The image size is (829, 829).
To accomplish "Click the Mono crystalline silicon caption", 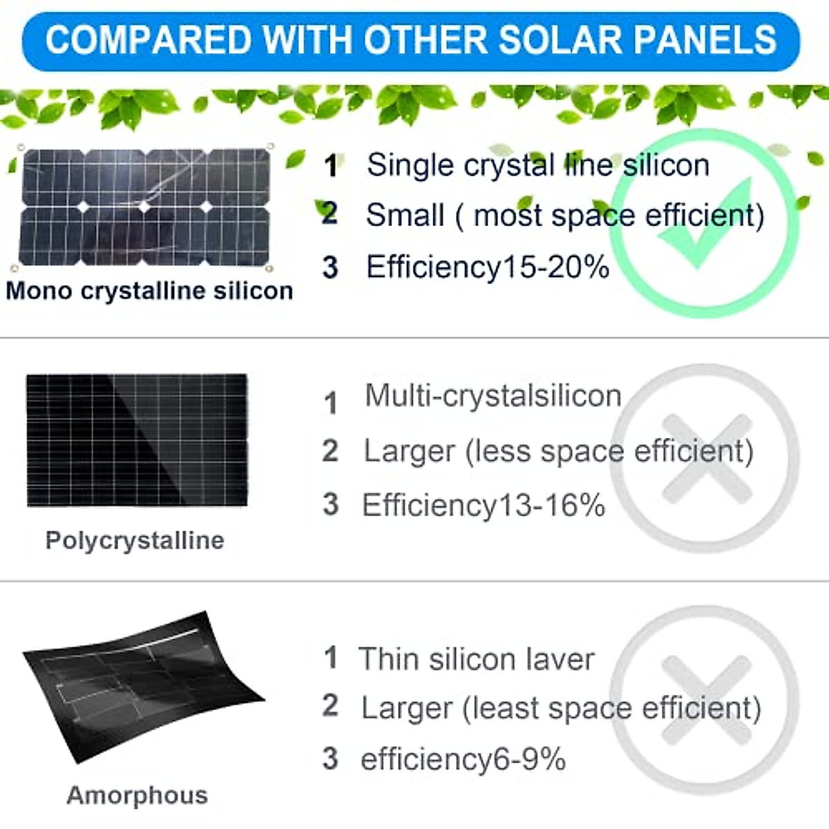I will coord(149,291).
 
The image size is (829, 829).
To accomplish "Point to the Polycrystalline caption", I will coord(135,540).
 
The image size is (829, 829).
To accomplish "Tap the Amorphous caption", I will coord(137,795).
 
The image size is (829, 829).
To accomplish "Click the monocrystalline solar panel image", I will coord(145,207).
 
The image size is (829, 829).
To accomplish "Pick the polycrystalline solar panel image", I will coord(137,440).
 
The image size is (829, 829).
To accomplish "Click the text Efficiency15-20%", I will coord(487,267).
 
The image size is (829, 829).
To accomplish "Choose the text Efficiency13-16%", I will coord(483,505).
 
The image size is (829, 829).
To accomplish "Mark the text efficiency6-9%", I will coord(463,759).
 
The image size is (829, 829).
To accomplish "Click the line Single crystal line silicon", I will coord(537,165).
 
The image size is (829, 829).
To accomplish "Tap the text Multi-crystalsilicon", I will coord(493,396).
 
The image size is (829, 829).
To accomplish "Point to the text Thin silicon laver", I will coord(476,659).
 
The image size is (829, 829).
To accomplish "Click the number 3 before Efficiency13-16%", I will coord(330,504).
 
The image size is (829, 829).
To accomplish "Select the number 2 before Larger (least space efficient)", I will coord(330,706).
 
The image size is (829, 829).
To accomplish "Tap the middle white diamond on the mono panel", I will coord(144,207).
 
